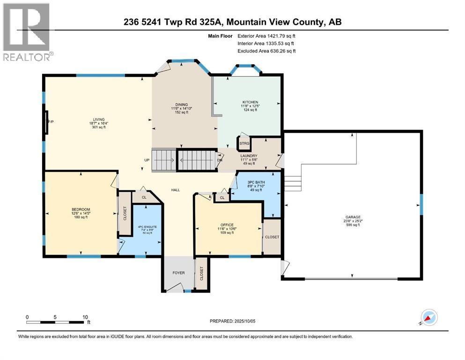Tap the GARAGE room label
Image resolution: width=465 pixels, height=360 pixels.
coord(353,217)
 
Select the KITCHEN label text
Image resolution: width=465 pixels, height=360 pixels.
coord(250,102)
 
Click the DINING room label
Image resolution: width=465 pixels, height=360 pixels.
coord(181,105)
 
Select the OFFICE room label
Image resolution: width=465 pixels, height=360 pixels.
coord(227,225)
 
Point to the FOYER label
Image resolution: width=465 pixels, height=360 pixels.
coord(178,273)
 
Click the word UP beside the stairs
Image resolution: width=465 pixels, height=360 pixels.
coord(147,160)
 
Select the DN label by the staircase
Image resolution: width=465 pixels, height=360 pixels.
coord(220,160)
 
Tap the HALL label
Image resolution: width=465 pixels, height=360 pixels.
coord(176,190)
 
